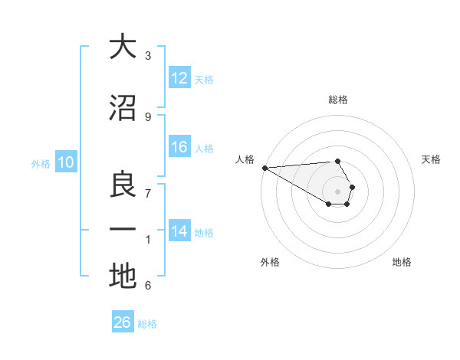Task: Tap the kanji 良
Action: [x=123, y=185]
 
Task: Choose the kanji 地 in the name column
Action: [x=123, y=276]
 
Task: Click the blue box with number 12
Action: [x=179, y=79]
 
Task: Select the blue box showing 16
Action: [x=179, y=148]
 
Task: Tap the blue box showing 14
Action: [x=179, y=232]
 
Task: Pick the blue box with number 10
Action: [x=66, y=162]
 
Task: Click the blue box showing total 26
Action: [x=123, y=322]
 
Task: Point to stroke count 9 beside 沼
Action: [x=148, y=116]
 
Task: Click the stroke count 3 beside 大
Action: [x=148, y=56]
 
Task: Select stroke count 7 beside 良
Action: [x=148, y=194]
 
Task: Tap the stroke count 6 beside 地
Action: [x=148, y=286]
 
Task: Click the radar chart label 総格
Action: [x=338, y=100]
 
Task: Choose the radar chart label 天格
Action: [x=432, y=159]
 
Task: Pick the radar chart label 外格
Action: [x=270, y=263]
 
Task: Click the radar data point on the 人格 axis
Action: [x=264, y=167]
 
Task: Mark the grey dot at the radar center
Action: [x=338, y=190]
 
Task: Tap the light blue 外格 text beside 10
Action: [x=41, y=163]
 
